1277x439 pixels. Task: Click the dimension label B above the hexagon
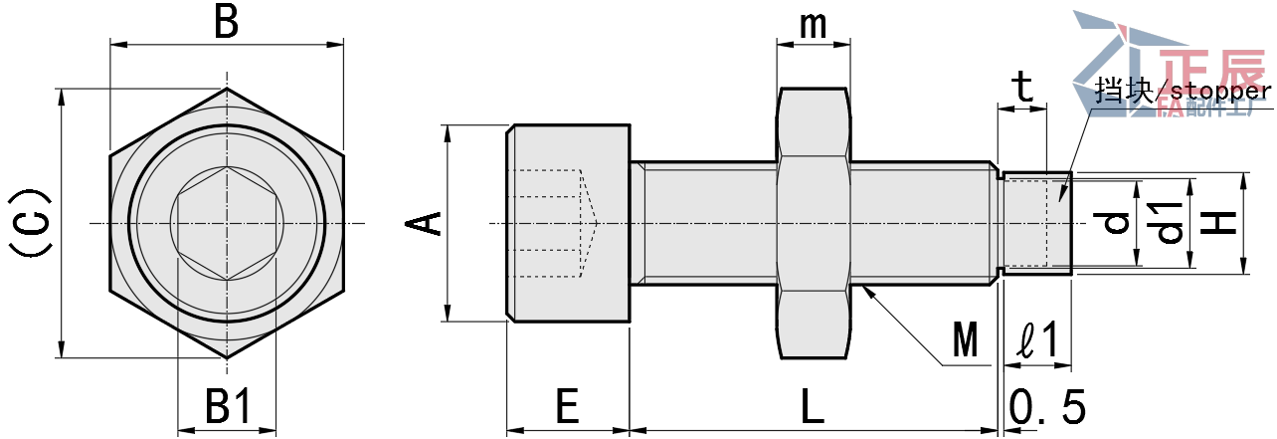(x=227, y=22)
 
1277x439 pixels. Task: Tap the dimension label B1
(x=228, y=406)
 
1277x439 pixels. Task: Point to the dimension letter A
(x=426, y=223)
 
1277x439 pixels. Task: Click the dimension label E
(x=567, y=406)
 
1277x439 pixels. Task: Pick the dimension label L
(x=813, y=406)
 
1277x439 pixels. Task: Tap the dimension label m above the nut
(x=814, y=26)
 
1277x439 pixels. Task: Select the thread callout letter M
(x=965, y=341)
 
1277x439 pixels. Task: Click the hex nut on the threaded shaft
(x=814, y=223)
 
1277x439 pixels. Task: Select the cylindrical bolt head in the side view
(x=568, y=223)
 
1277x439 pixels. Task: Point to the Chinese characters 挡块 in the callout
(x=1122, y=92)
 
